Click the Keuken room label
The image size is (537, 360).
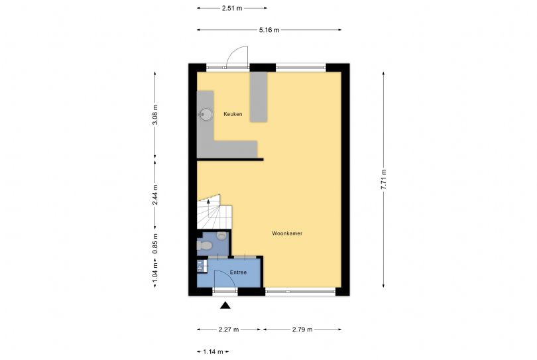point(233,114)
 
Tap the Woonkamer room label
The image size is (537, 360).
point(287,233)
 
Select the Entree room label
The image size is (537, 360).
point(239,272)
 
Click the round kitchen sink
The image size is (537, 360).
point(206,114)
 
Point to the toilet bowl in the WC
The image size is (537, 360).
point(204,245)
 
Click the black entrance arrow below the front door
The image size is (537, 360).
point(225,305)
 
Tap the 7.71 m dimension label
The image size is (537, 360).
point(384,180)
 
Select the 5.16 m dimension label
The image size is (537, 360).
point(269,30)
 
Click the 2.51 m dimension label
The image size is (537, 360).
point(232,8)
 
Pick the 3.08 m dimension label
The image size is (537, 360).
point(155,115)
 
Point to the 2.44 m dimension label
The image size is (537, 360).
point(155,195)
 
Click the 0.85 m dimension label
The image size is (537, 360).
point(155,243)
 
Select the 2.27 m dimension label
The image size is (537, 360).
point(229,330)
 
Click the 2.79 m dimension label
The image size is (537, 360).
point(302,330)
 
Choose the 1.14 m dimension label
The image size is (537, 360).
point(213,351)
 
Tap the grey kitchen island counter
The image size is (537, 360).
point(259,97)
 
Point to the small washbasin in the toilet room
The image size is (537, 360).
point(222,235)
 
